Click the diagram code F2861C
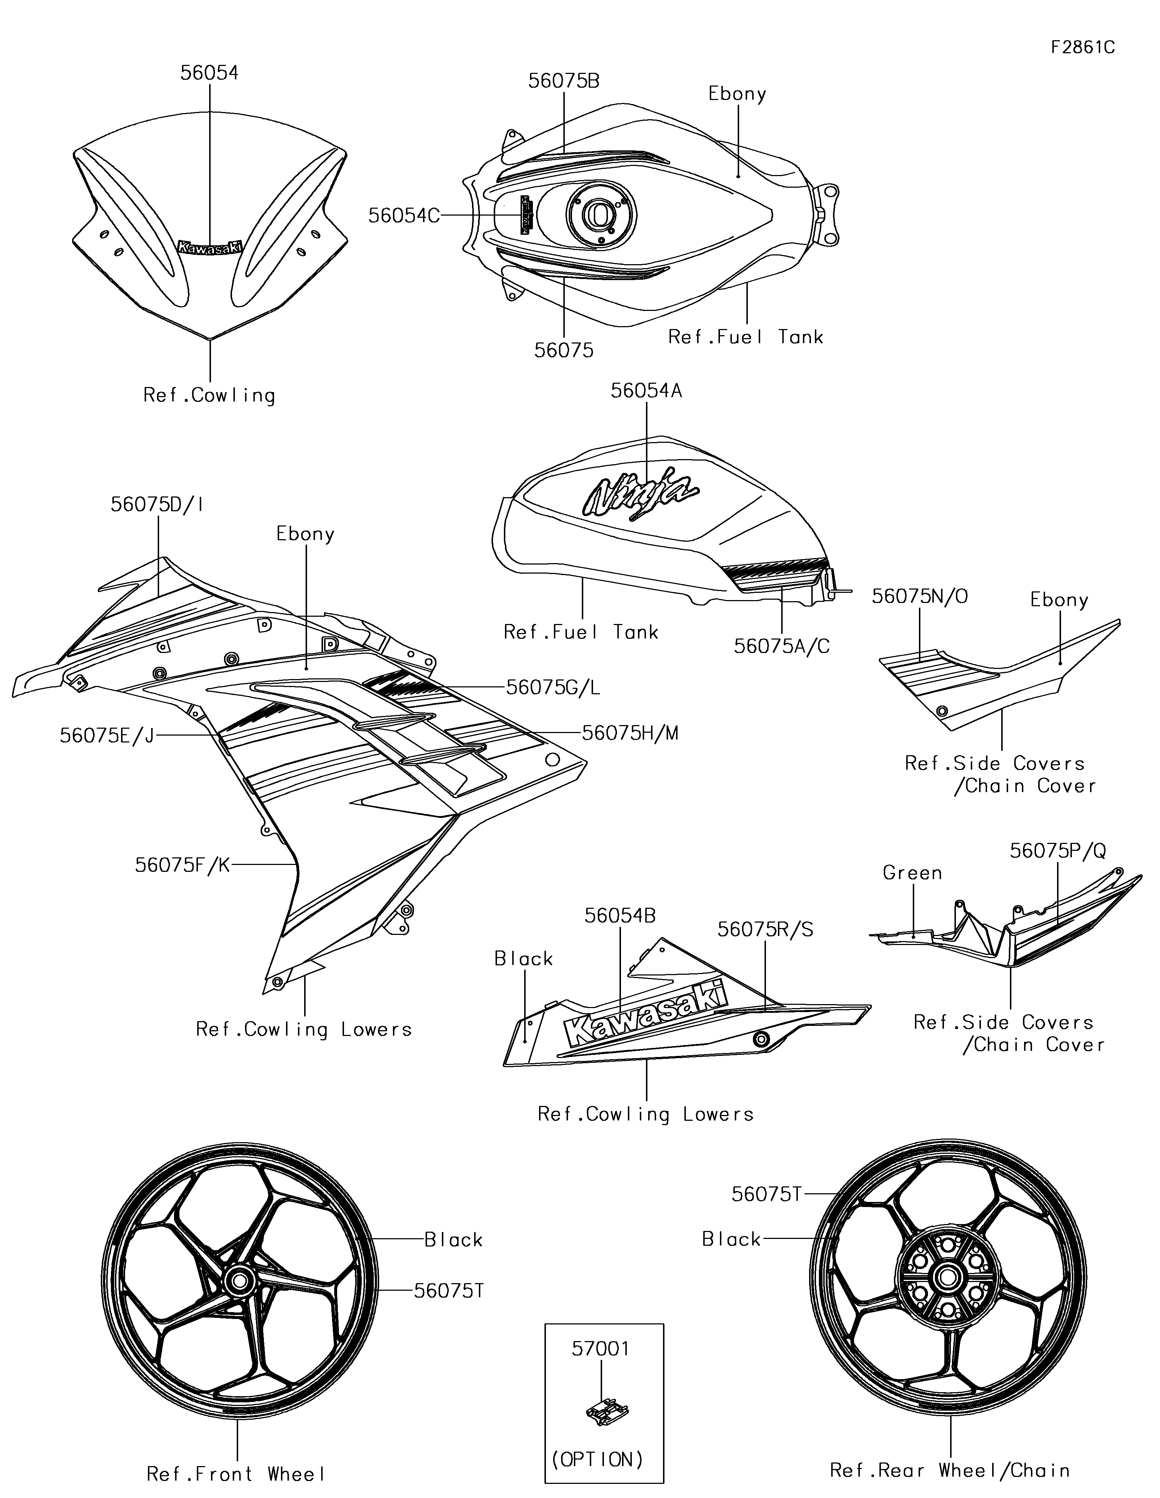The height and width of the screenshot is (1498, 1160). pyautogui.click(x=1082, y=47)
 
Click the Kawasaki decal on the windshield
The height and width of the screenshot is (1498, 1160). pyautogui.click(x=210, y=247)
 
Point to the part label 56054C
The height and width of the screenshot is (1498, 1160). pyautogui.click(x=403, y=215)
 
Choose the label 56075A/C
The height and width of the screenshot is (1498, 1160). pyautogui.click(x=781, y=646)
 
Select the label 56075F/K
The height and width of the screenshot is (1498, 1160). pyautogui.click(x=182, y=865)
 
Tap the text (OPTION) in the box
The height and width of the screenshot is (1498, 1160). pyautogui.click(x=597, y=1459)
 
